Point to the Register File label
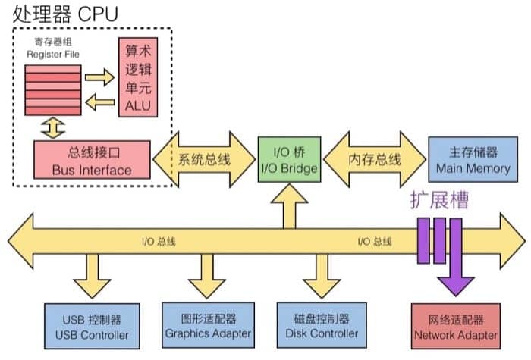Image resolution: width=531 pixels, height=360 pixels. coord(51,49)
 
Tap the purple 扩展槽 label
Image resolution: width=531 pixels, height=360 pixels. coord(439,201)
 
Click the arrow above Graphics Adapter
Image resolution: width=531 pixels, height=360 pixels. coord(206,276)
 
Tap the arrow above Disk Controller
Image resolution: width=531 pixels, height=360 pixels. coord(318,276)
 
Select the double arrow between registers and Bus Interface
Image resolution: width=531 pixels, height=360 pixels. coord(52,127)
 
